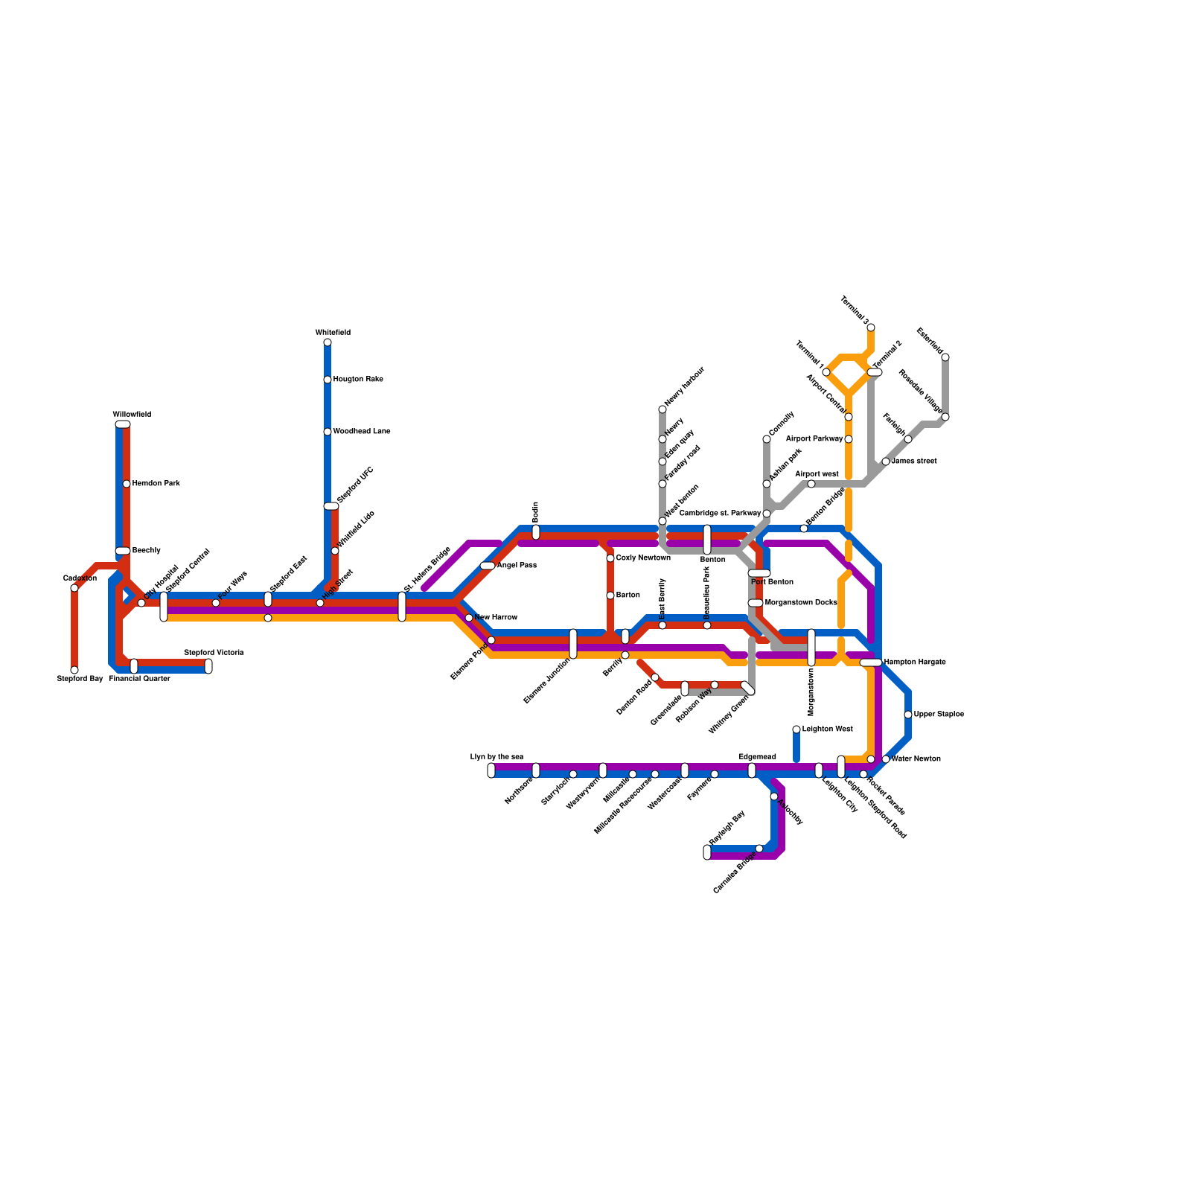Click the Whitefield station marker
click(328, 342)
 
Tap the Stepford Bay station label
click(80, 679)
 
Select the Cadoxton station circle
click(74, 588)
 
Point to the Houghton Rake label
click(358, 380)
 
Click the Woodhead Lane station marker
click(328, 432)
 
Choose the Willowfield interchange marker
click(123, 424)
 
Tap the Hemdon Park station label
click(156, 484)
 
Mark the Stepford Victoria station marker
click(208, 666)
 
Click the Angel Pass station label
click(517, 566)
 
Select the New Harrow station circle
click(469, 618)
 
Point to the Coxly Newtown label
click(643, 558)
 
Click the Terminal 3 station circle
click(871, 328)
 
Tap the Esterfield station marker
click(945, 357)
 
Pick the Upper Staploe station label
click(939, 715)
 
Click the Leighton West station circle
click(796, 729)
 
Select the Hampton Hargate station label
click(915, 662)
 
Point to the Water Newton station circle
click(886, 759)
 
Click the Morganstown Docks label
click(801, 603)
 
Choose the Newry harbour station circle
click(662, 409)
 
